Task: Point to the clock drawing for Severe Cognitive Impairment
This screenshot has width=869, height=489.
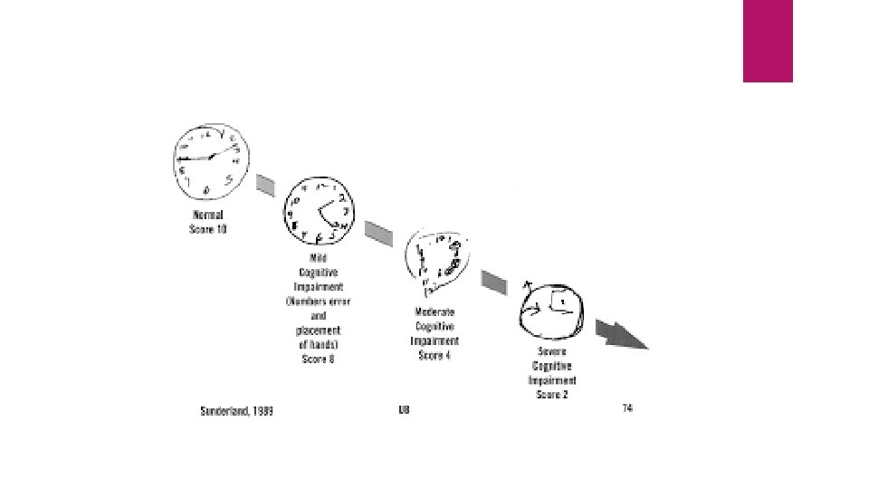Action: (x=553, y=312)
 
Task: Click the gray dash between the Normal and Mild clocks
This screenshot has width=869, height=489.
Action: (x=264, y=185)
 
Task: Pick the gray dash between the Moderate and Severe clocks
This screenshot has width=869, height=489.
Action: (x=493, y=281)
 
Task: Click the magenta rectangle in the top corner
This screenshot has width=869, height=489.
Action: (x=768, y=41)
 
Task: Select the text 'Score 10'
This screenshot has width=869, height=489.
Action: (x=208, y=229)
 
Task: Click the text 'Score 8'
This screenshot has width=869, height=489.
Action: (x=318, y=359)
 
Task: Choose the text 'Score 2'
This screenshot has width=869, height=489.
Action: (x=552, y=394)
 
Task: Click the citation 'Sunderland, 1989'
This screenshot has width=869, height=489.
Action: (x=236, y=410)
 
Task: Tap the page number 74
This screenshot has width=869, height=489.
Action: (x=626, y=408)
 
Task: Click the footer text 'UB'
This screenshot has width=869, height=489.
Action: (x=404, y=410)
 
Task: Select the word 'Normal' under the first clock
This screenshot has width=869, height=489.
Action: (x=208, y=216)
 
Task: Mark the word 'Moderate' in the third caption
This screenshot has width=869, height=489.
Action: (x=434, y=312)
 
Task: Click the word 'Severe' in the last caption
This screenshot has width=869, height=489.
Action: (x=552, y=350)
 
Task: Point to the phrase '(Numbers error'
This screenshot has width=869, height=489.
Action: (x=319, y=301)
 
